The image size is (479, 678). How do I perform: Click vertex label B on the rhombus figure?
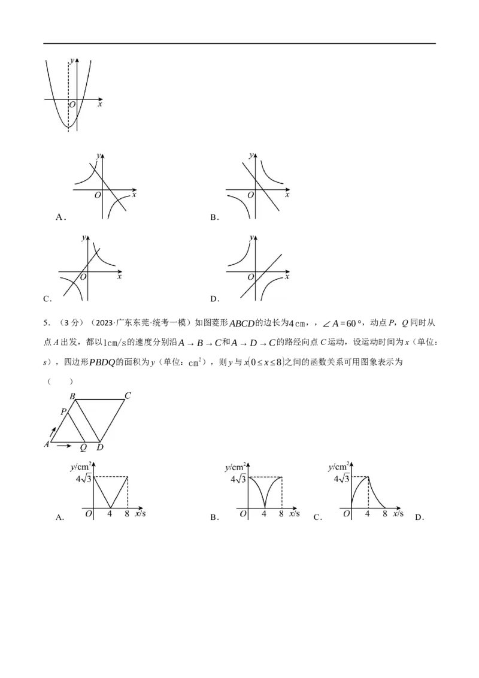[72, 396]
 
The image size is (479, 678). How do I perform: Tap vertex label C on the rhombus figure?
[128, 395]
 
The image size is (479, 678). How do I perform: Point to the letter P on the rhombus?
[63, 411]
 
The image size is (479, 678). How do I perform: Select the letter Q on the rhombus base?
[83, 447]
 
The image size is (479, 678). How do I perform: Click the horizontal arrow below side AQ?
[64, 446]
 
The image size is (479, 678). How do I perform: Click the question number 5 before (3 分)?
[46, 323]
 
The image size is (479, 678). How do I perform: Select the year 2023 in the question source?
[104, 323]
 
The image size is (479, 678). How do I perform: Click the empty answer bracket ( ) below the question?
[60, 381]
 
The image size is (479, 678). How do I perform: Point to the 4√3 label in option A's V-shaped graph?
[84, 478]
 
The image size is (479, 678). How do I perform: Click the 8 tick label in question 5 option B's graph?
[281, 514]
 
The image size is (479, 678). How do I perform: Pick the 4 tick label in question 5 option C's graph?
[368, 514]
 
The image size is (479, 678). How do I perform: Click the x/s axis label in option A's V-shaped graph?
[141, 513]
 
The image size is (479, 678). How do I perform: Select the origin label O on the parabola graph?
[72, 105]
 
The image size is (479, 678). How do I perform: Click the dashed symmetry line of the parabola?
[68, 96]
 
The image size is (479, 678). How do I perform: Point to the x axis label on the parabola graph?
[101, 104]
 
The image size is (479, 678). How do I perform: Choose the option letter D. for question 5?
[419, 517]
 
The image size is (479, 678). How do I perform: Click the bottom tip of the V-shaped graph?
[110, 509]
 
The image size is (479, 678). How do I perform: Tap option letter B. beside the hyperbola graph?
[215, 217]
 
